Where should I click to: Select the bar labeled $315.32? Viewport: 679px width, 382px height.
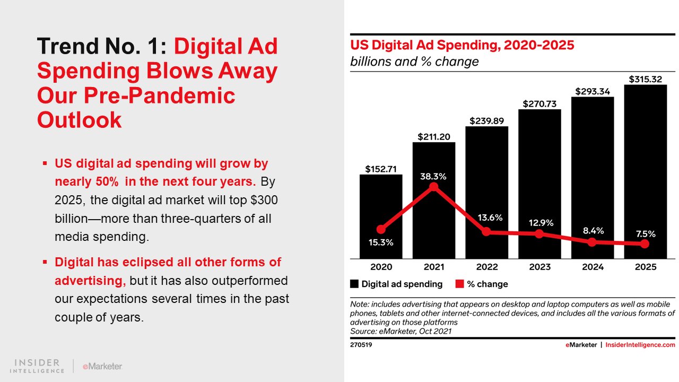click(645, 170)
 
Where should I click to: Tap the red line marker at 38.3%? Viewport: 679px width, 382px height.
click(434, 187)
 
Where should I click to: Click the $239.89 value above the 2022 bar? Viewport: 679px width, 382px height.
click(486, 120)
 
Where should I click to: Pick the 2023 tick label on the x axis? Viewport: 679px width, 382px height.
click(539, 267)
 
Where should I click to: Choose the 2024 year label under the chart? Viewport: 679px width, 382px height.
click(593, 267)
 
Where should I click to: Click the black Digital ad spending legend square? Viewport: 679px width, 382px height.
click(354, 284)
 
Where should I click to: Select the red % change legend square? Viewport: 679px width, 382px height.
click(460, 284)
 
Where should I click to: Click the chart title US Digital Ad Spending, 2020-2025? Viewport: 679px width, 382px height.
click(462, 45)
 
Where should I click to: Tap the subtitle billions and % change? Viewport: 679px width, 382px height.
click(414, 62)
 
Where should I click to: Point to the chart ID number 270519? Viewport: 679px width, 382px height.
click(361, 345)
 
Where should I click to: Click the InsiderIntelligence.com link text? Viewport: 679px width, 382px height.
click(640, 345)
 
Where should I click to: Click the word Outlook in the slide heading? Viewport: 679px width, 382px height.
click(80, 120)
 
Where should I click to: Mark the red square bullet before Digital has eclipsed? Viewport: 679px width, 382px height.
click(45, 262)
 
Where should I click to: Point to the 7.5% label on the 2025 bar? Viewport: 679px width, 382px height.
click(645, 234)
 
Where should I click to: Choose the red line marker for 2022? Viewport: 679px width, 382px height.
click(486, 232)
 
